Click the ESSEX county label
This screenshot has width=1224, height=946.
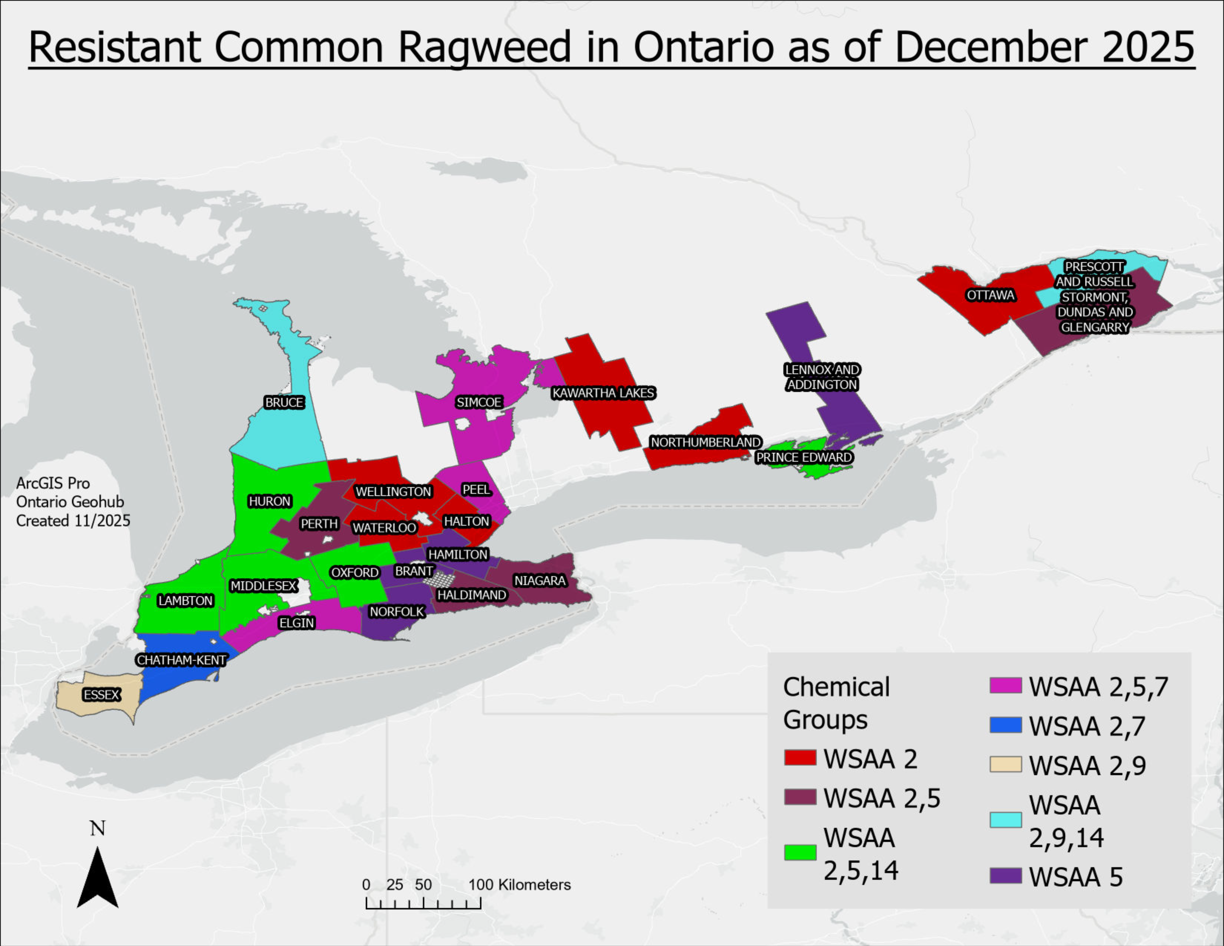(x=101, y=695)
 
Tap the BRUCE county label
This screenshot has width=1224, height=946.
(x=284, y=402)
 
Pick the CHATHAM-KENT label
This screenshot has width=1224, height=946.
(x=181, y=660)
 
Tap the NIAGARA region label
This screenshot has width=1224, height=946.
(x=540, y=581)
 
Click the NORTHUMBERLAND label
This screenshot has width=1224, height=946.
(x=705, y=442)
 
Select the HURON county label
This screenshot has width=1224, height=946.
(x=270, y=501)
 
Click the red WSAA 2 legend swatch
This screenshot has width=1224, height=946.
(x=800, y=758)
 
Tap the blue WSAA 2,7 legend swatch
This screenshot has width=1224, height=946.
(x=1005, y=725)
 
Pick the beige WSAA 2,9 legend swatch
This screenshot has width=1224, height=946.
(x=1005, y=764)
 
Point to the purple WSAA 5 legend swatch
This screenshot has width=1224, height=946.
(x=1005, y=876)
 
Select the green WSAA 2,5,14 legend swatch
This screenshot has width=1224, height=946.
(x=800, y=852)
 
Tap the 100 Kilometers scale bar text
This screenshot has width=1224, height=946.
(x=519, y=885)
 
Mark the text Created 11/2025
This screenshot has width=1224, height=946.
(x=73, y=521)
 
